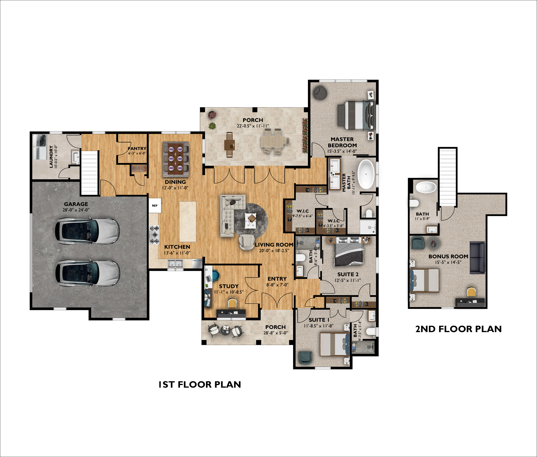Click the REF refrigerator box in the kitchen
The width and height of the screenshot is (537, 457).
(x=155, y=206)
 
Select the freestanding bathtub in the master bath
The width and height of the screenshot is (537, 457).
(x=366, y=174)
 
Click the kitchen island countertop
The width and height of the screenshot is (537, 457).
(x=188, y=222)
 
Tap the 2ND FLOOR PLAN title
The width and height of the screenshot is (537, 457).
(x=458, y=329)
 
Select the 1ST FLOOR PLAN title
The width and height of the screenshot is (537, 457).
(x=200, y=384)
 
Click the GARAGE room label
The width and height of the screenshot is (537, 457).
(x=76, y=204)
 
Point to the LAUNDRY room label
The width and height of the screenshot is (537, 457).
(x=51, y=157)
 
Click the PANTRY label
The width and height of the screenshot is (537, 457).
(x=137, y=149)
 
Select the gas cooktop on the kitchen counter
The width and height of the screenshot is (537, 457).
(x=154, y=235)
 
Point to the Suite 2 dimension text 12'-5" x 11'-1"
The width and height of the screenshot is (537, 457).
(x=348, y=280)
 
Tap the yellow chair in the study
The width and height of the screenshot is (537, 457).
(x=232, y=302)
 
